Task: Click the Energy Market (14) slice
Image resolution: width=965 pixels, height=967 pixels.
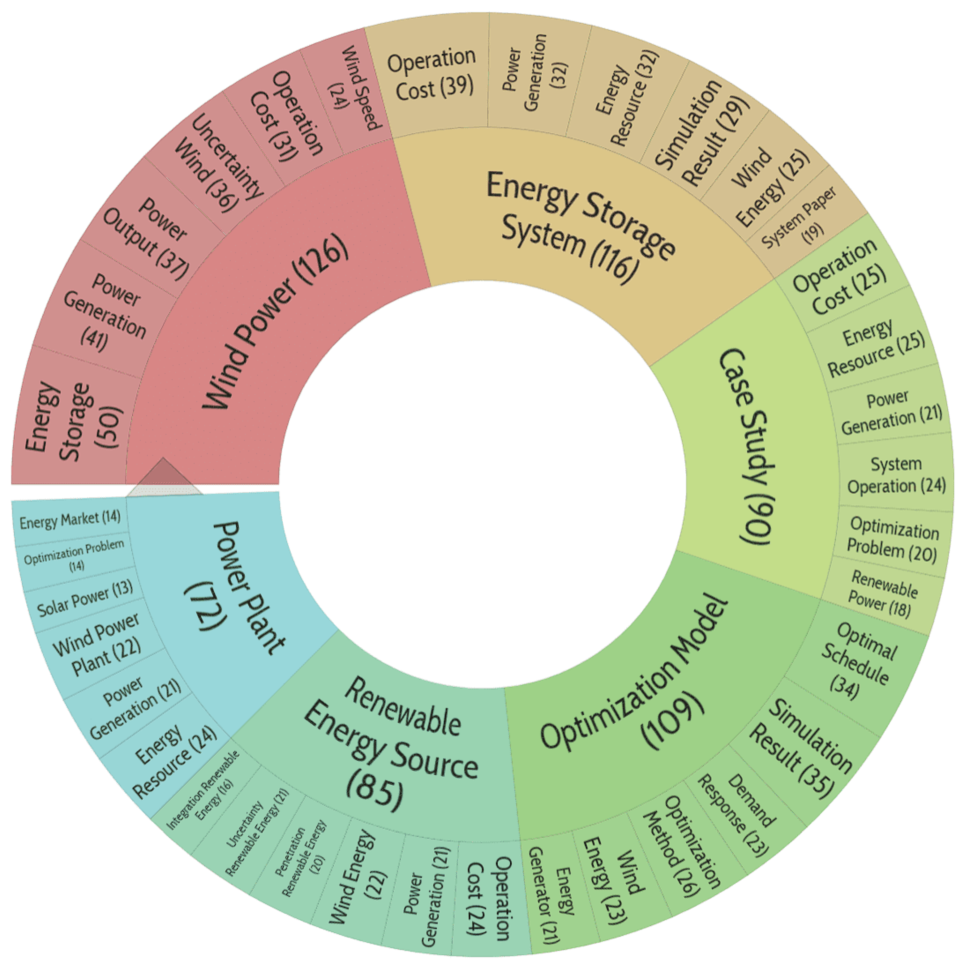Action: point(70,520)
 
